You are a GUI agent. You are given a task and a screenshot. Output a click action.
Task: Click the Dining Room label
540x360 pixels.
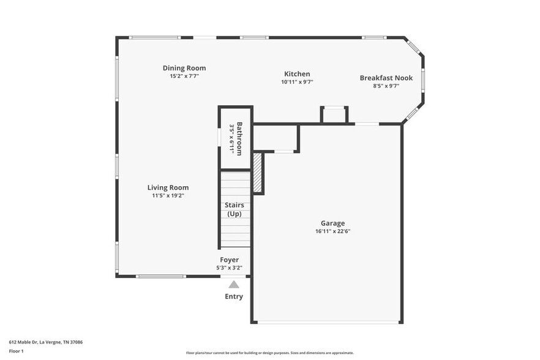coord(184,68)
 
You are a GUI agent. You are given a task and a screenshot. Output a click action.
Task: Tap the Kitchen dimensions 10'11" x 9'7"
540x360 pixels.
coord(297,81)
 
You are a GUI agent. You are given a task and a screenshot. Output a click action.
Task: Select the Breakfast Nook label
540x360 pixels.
coord(386,78)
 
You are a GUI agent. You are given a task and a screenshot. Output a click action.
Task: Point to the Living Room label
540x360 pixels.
coord(168,187)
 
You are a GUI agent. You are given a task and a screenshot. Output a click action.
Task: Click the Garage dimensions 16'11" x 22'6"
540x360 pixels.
coord(332,231)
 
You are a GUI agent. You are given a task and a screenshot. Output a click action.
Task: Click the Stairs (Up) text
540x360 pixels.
coord(234,209)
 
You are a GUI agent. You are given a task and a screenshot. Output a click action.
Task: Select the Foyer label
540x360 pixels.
coord(230,260)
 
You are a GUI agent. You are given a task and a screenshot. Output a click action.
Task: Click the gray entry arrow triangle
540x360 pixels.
coord(234,284)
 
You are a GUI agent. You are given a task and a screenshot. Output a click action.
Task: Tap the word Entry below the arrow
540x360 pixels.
coord(234,296)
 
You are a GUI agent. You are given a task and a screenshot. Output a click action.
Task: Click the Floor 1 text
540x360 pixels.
coord(17,351)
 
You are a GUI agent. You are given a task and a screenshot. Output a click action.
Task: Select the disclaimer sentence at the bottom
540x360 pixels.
coord(270,353)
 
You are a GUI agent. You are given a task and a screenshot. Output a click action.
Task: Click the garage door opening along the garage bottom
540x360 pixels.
coord(327,322)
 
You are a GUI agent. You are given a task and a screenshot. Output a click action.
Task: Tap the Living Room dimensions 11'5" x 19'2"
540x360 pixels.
coord(168,195)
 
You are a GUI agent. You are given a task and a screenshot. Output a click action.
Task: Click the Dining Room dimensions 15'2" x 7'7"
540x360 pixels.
coord(184,76)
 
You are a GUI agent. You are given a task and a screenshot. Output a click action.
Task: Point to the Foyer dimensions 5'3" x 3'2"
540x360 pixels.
coord(230,268)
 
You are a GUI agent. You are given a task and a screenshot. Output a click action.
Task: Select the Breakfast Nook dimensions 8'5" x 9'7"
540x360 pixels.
coord(386,86)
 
